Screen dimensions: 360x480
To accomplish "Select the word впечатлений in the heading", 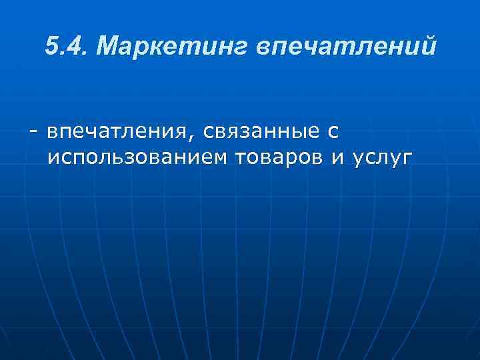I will point(347,47).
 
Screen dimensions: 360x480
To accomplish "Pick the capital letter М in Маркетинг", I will point(108,47).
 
